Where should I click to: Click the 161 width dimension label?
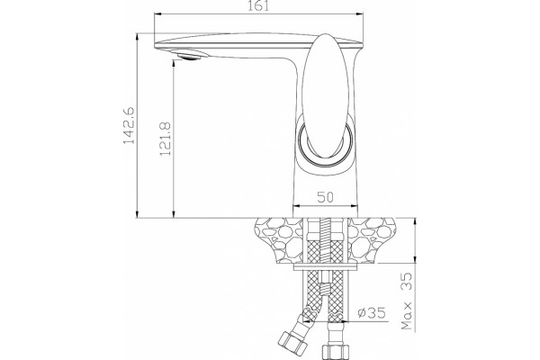coord(258,5)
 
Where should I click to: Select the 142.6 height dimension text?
coord(129,125)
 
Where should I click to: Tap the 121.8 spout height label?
coord(165,139)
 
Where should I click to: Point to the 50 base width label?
coord(325,197)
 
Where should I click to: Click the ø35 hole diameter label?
coord(371,313)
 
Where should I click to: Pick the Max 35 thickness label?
coord(407,301)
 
